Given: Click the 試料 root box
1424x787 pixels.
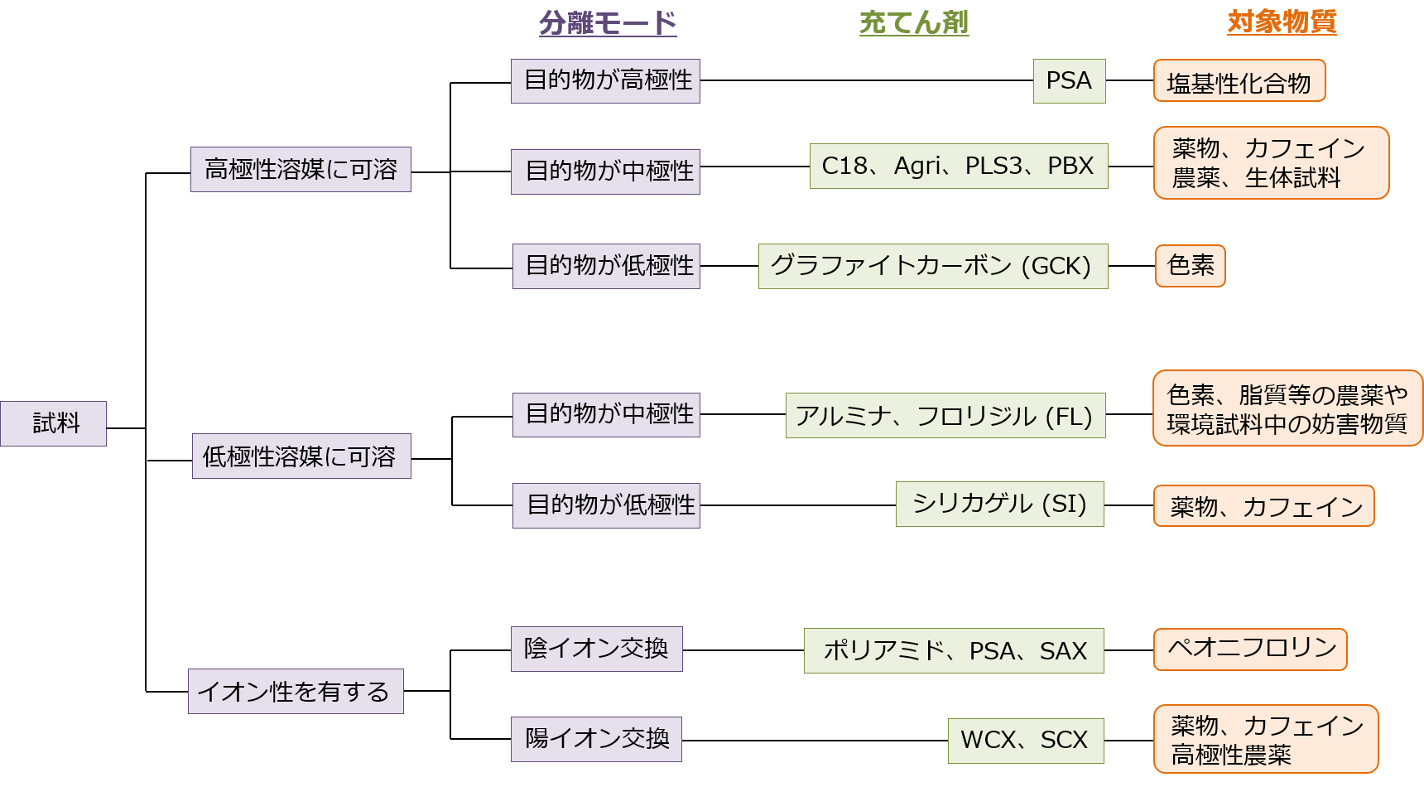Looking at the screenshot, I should [53, 423].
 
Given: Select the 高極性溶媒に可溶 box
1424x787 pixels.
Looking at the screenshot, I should [301, 170].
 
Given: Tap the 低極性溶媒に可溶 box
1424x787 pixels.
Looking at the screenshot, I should [301, 456].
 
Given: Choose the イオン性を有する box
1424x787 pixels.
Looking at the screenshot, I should [296, 691].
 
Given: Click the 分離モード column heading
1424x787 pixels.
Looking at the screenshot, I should [608, 22].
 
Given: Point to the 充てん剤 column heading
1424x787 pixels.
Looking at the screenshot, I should [914, 22].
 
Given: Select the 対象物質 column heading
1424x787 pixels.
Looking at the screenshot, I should [1282, 22].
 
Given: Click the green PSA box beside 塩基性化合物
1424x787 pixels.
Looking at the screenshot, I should [1069, 81].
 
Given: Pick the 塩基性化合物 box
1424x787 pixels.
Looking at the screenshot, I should [1239, 81].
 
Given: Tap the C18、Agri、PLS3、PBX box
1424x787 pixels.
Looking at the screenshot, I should [958, 167].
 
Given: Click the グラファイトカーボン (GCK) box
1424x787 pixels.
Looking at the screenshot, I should [932, 266].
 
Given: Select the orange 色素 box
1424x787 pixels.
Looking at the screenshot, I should [1190, 266].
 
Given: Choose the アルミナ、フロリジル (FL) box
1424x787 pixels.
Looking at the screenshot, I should [945, 415].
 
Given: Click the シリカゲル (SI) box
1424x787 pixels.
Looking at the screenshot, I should [999, 504].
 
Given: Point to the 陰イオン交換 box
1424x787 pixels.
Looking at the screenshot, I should [596, 649].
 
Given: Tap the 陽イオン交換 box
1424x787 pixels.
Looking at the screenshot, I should [596, 739].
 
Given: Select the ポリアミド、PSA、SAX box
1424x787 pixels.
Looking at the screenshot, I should [954, 650].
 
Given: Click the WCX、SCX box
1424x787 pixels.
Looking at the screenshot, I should [1025, 740].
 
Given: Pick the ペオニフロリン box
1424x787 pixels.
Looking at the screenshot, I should [1250, 649].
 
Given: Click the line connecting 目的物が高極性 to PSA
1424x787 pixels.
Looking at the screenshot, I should [866, 80].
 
